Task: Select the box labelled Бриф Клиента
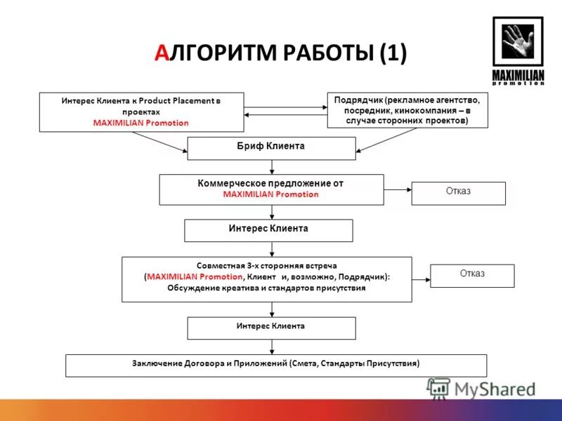click(271, 148)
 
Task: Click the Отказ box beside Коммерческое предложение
click(458, 193)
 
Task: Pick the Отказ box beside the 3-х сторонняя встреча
click(472, 275)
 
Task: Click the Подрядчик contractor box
click(407, 110)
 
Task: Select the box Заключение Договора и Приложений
click(275, 365)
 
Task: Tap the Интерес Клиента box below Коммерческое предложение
click(268, 230)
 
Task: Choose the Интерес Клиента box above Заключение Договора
click(271, 328)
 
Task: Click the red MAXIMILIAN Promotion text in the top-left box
click(140, 123)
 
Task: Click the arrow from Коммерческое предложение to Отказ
click(398, 189)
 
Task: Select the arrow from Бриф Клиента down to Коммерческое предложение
click(271, 167)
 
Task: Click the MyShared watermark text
click(494, 388)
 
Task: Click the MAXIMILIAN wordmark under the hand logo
click(518, 75)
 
